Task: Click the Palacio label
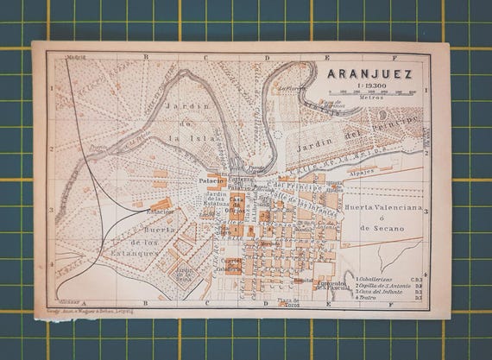(210, 180)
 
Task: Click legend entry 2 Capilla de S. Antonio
(386, 287)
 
